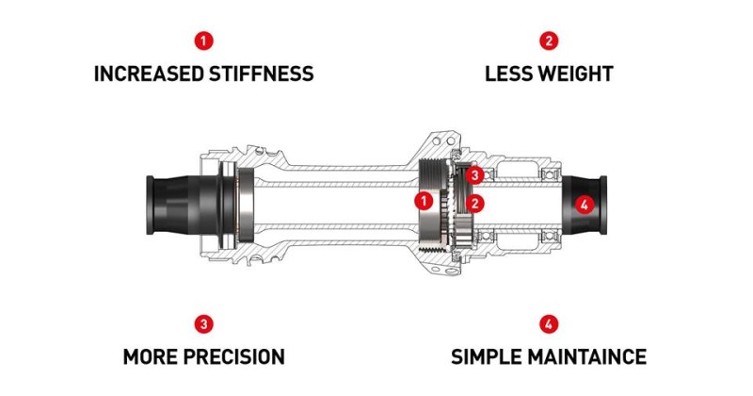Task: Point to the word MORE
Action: [x=153, y=357]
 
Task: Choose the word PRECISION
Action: [x=236, y=357]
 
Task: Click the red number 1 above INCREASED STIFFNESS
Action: [x=204, y=41]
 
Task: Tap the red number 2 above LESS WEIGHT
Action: [x=549, y=41]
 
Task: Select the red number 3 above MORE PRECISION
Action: [x=204, y=324]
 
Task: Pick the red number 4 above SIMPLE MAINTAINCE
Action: [x=549, y=324]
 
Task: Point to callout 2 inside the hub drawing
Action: [x=476, y=202]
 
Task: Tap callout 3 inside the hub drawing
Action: [x=476, y=175]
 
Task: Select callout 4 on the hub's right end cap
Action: [x=584, y=204]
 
